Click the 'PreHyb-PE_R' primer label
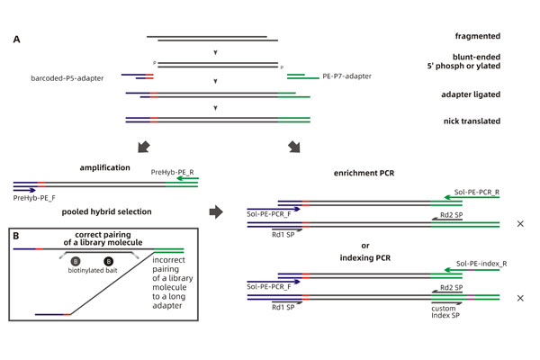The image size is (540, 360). (x=176, y=171)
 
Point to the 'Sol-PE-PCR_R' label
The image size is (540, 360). (x=475, y=192)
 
